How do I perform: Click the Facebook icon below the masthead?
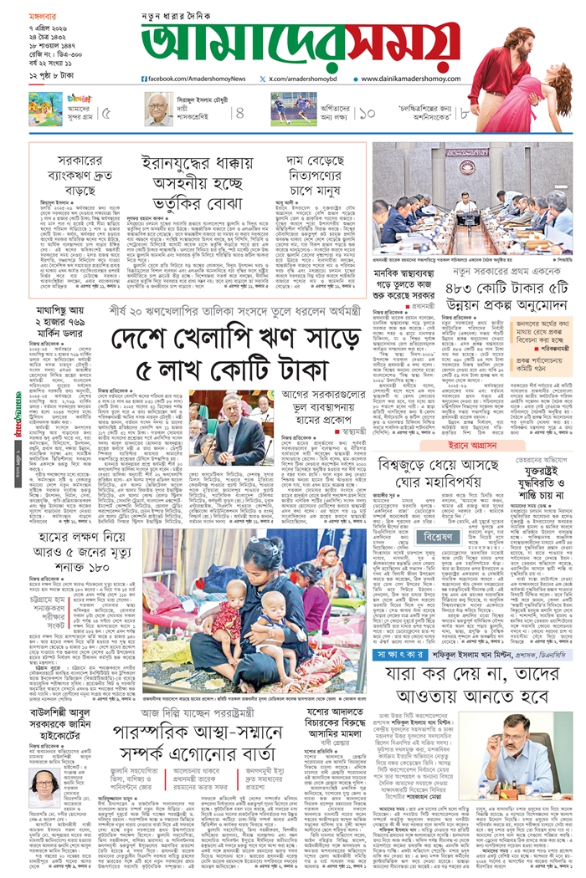coord(146,79)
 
